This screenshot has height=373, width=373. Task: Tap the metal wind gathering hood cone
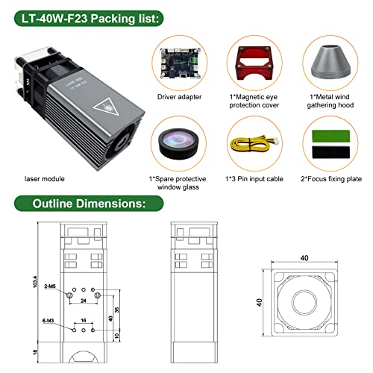(x=326, y=64)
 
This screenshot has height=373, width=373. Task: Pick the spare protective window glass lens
(x=178, y=142)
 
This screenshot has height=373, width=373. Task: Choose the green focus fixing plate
(x=327, y=133)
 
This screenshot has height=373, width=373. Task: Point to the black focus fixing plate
(x=327, y=152)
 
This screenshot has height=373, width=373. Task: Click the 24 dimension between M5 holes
(x=84, y=301)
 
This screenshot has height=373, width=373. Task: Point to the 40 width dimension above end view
(x=303, y=257)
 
